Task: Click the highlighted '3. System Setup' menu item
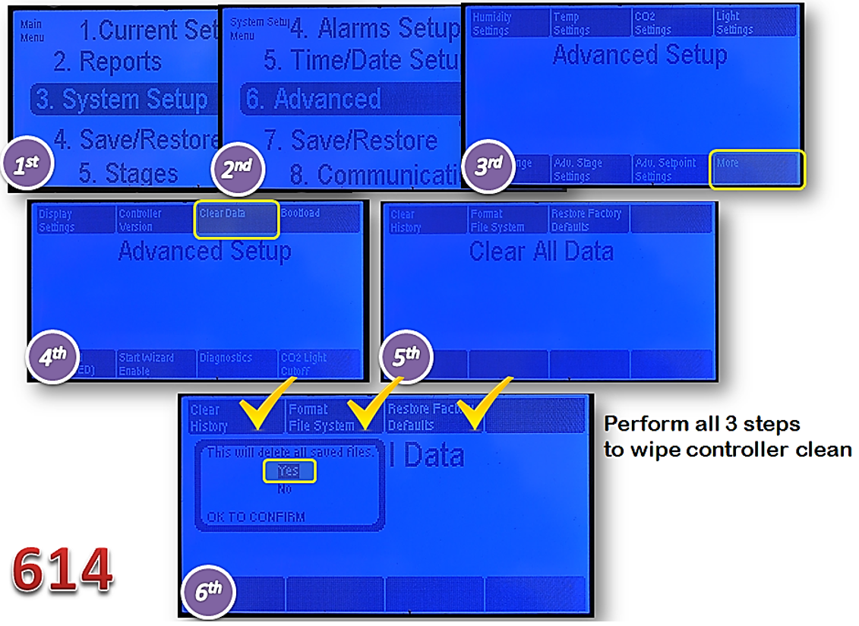tap(122, 100)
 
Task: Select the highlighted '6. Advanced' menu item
tap(327, 100)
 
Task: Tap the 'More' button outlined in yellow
tap(755, 169)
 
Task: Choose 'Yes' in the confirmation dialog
tap(289, 471)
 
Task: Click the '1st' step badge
tap(28, 165)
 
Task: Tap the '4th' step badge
tap(53, 357)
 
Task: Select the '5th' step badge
tap(406, 356)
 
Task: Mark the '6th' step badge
tap(208, 590)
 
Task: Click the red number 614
tap(62, 571)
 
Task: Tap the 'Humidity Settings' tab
tap(507, 23)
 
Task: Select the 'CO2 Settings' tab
tap(672, 23)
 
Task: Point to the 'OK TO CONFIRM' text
tap(256, 517)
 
